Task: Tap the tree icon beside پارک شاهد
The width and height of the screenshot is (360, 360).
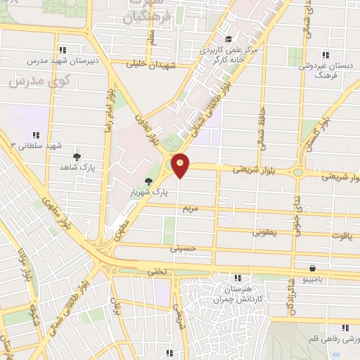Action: (77, 157)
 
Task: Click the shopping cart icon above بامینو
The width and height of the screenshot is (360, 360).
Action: (312, 268)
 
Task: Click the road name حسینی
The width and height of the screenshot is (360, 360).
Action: (181, 247)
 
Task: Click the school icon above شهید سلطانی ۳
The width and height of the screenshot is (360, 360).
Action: (34, 135)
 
